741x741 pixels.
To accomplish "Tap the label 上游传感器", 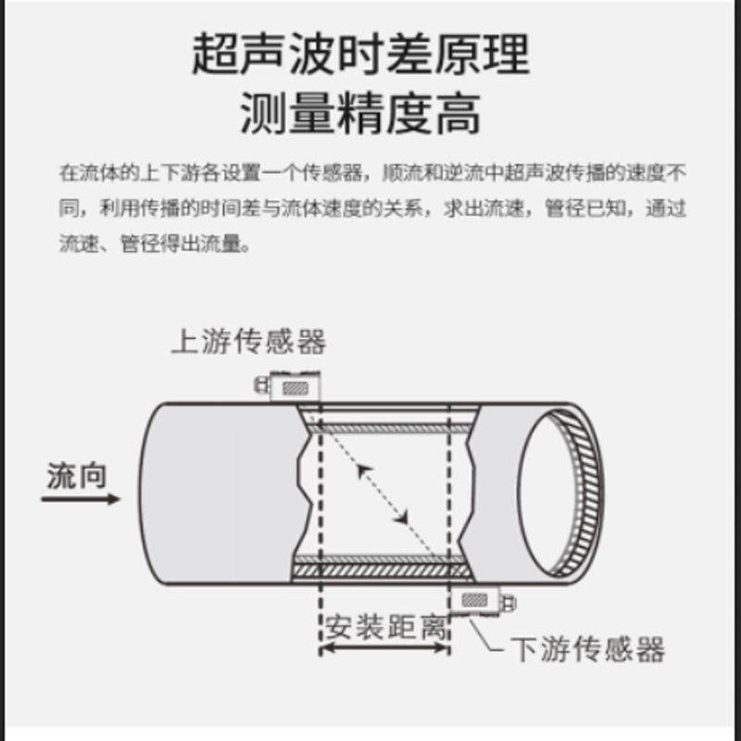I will point(248,342).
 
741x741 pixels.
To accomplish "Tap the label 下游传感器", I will point(587,649).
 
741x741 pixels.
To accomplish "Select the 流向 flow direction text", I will point(77,476).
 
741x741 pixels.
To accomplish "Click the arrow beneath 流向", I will point(82,499).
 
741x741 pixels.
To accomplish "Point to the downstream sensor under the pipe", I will point(478,600).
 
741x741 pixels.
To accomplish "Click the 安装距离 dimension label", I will point(385,628).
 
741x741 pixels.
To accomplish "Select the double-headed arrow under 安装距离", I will point(385,650).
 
